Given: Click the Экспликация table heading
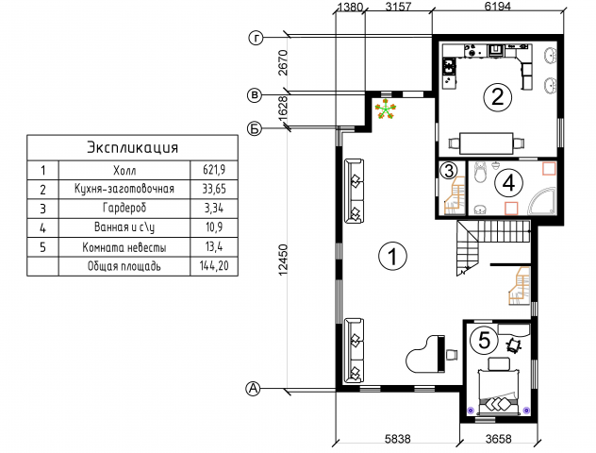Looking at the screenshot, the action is (x=132, y=147).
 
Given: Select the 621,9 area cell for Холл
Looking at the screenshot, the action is (x=214, y=170).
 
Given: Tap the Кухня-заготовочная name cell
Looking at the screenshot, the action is (x=124, y=189).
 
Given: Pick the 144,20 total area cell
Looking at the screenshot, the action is (x=214, y=266).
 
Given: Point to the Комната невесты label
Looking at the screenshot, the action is (x=124, y=247).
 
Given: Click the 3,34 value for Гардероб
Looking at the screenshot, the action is (x=214, y=209).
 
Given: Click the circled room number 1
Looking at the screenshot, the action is (x=392, y=256).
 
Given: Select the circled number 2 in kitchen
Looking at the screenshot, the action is (x=498, y=96).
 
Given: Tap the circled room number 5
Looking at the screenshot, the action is (x=485, y=340).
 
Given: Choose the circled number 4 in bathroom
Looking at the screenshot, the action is (x=508, y=183).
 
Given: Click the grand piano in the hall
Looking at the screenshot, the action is (x=425, y=354).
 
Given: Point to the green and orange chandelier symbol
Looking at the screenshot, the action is (x=386, y=109).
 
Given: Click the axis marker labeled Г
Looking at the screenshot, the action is (x=257, y=38).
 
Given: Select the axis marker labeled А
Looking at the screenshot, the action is (x=253, y=389).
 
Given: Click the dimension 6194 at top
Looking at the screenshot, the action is (x=498, y=6).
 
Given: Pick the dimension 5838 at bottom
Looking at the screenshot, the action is (x=398, y=439).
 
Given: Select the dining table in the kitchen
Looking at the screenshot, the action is (x=487, y=143).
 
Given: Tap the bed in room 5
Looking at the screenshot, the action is (x=498, y=392).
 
